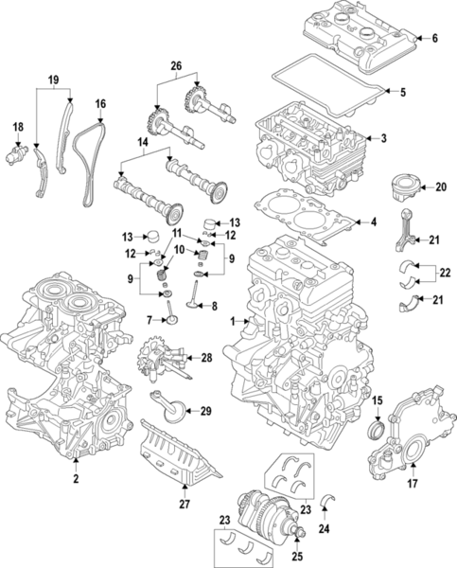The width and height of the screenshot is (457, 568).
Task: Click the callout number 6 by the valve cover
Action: click(x=436, y=40)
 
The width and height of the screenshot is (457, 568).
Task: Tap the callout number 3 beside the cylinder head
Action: click(x=383, y=140)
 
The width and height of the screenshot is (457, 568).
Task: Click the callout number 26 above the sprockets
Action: click(x=175, y=65)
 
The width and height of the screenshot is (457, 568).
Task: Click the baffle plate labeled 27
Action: click(x=180, y=454)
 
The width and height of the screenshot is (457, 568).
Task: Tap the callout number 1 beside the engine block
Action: click(x=232, y=322)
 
